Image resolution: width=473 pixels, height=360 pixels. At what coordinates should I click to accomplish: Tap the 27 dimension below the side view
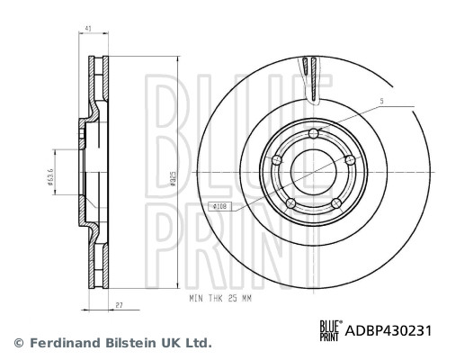click(x=120, y=307)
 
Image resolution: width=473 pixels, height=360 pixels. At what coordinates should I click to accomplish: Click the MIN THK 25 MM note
click(x=222, y=297)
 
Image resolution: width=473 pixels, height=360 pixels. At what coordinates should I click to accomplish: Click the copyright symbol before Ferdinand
click(x=16, y=343)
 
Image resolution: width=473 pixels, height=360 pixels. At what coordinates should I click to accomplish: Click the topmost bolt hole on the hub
click(x=313, y=134)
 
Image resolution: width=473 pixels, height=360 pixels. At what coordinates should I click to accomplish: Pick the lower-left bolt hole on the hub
click(x=290, y=203)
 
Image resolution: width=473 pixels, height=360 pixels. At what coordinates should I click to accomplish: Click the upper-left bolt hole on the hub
click(x=277, y=160)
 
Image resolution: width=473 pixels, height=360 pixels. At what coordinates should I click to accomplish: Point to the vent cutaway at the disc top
click(x=313, y=76)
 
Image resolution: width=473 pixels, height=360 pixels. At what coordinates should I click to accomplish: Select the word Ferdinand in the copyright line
click(x=65, y=343)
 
